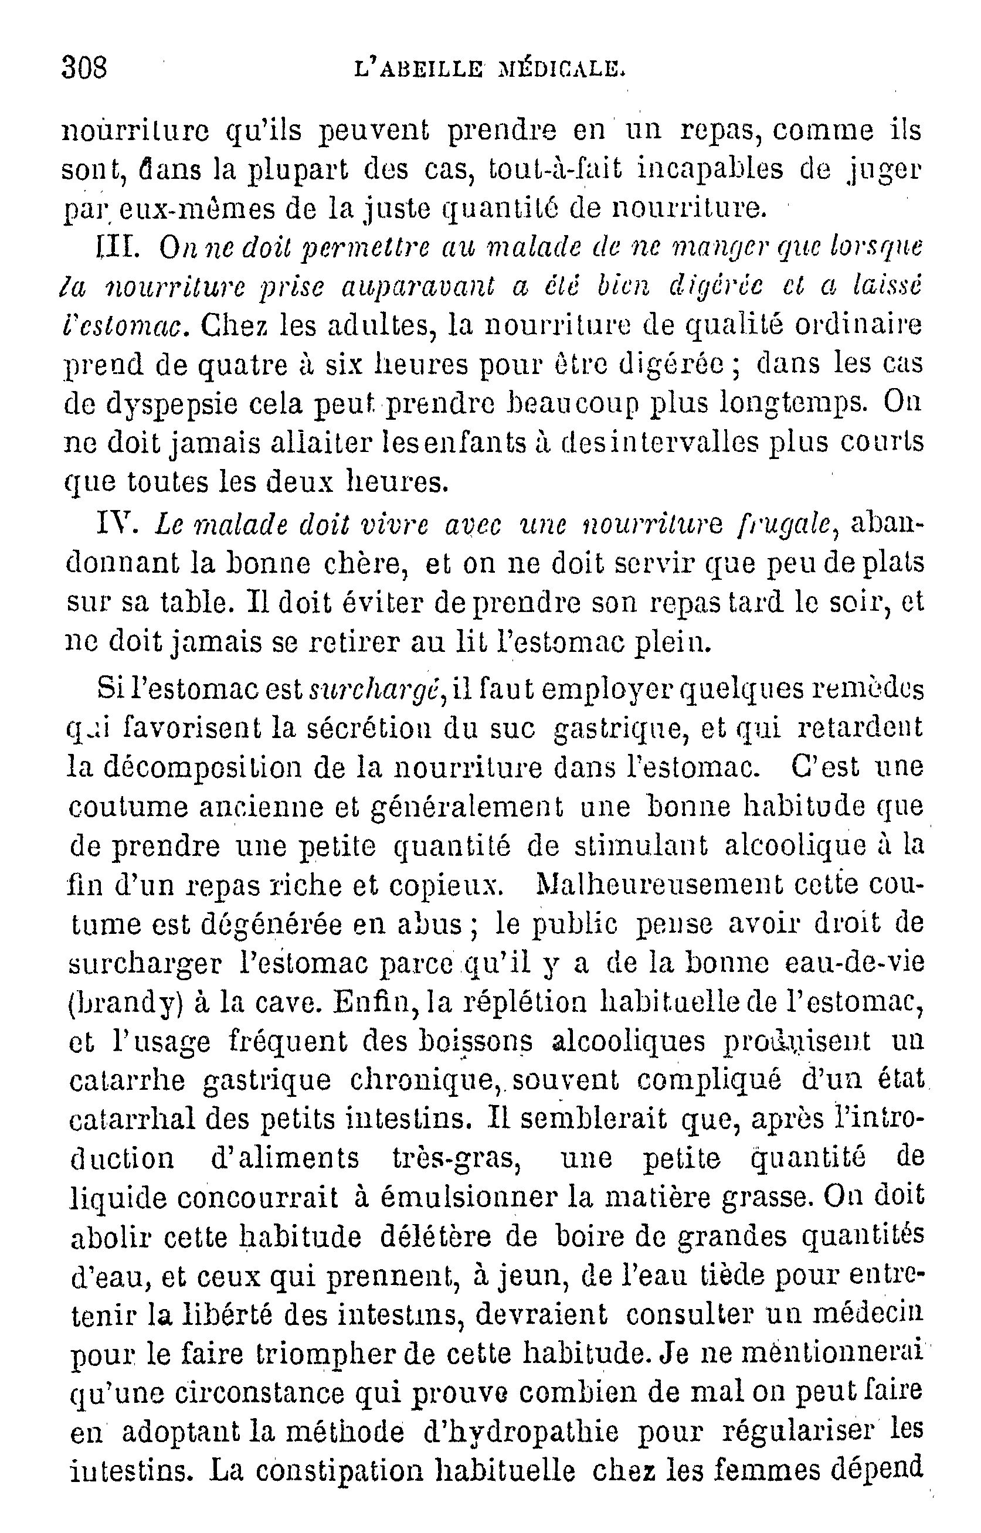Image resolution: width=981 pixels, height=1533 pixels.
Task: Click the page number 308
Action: pyautogui.click(x=84, y=67)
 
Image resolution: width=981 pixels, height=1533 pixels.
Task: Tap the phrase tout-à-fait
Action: pyautogui.click(x=547, y=169)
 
